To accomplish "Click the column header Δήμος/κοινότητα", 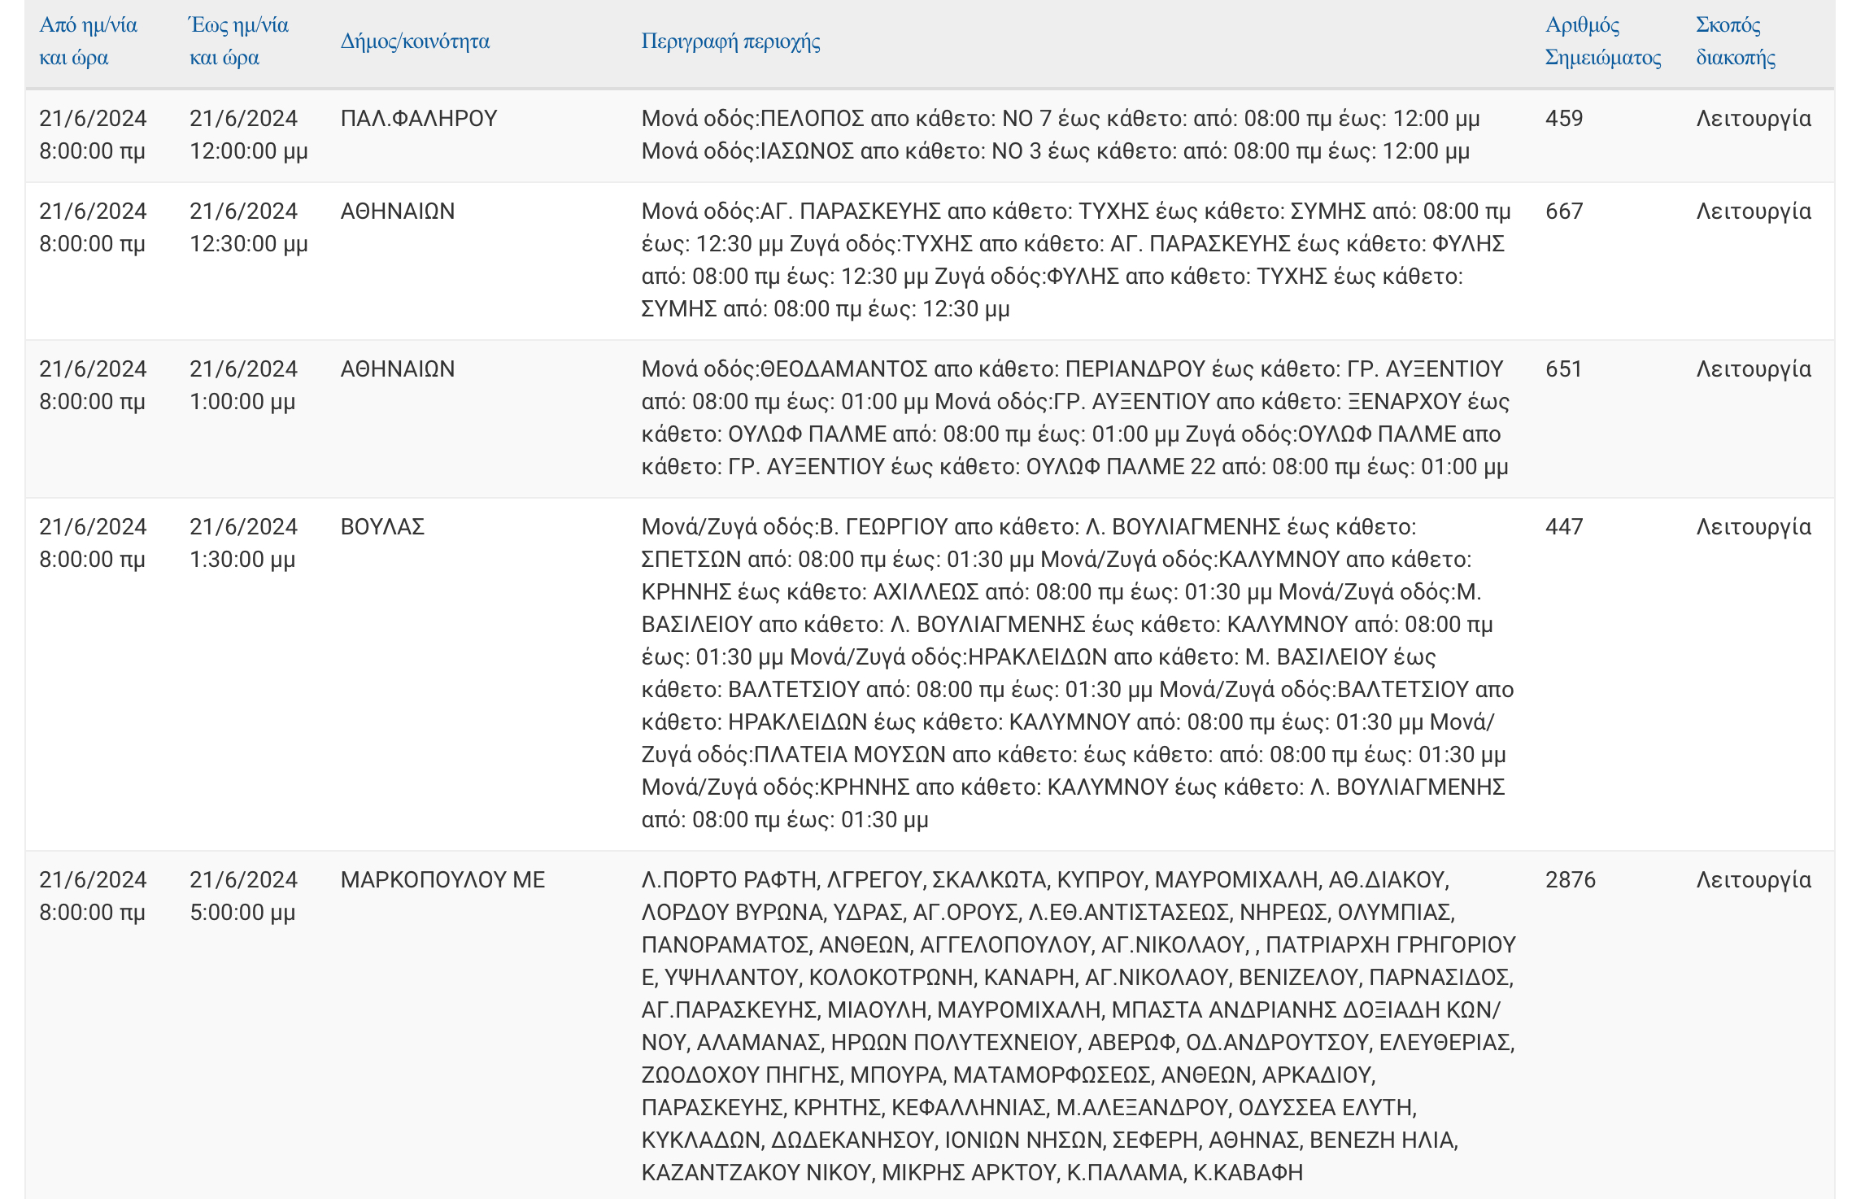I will [x=415, y=41].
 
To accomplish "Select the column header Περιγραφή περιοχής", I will [x=730, y=41].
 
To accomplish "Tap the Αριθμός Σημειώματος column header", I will [x=1602, y=41].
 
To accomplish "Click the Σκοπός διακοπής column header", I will [x=1735, y=41].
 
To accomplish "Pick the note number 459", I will [x=1563, y=119].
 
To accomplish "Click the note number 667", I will [x=1563, y=211].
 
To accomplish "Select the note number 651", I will [x=1563, y=369].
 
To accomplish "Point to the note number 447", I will [x=1563, y=527].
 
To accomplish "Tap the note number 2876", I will [x=1570, y=880].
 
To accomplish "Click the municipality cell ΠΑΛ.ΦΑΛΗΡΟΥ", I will [x=418, y=119].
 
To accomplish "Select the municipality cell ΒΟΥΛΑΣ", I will [x=382, y=527].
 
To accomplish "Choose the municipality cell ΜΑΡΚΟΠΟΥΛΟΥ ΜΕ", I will [x=442, y=880].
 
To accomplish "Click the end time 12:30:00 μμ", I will [x=248, y=244].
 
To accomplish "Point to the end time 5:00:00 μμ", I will [x=242, y=913].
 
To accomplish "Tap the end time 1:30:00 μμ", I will [x=242, y=560].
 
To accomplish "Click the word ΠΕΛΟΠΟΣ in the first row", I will [x=812, y=119].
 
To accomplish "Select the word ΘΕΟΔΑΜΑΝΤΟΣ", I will [x=843, y=369].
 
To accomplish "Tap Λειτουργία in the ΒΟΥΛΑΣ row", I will [x=1753, y=527].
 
